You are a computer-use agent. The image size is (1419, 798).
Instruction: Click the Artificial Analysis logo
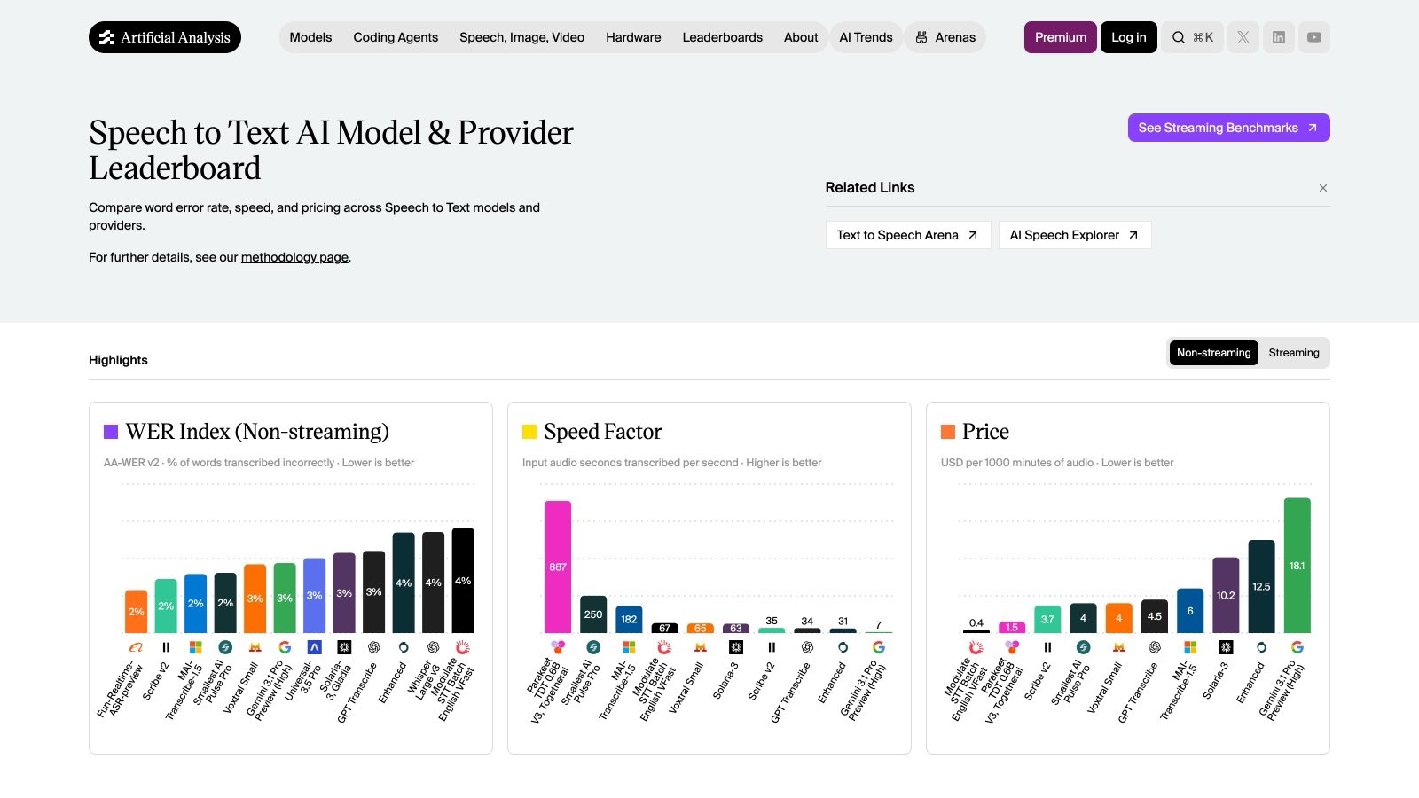coord(165,37)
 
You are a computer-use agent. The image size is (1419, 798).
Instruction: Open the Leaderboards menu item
coord(722,37)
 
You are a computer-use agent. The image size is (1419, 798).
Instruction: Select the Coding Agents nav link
coord(396,37)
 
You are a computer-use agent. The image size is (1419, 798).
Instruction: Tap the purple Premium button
coord(1061,37)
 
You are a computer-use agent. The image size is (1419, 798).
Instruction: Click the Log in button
coord(1129,37)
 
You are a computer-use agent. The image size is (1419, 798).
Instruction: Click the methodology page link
coord(294,257)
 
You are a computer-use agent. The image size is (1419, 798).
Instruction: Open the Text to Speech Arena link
coord(908,235)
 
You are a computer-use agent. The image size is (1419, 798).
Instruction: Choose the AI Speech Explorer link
coord(1074,235)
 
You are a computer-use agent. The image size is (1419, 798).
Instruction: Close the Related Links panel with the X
coord(1322,188)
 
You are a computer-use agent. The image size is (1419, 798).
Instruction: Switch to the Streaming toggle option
coord(1294,353)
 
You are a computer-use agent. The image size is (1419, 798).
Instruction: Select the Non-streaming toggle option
coord(1214,353)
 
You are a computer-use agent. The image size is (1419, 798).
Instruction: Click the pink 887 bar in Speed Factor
coord(558,567)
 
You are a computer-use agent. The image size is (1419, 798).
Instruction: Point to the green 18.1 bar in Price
coord(1297,566)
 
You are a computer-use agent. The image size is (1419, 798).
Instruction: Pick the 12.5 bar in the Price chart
coord(1261,586)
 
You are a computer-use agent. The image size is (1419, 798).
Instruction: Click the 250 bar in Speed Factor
coord(593,614)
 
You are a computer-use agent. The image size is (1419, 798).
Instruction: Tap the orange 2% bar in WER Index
coord(137,612)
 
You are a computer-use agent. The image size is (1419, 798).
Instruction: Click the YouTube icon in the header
coord(1313,37)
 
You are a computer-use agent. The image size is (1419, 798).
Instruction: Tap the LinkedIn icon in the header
coord(1278,37)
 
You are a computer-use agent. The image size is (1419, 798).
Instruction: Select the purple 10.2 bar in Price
coord(1226,595)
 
